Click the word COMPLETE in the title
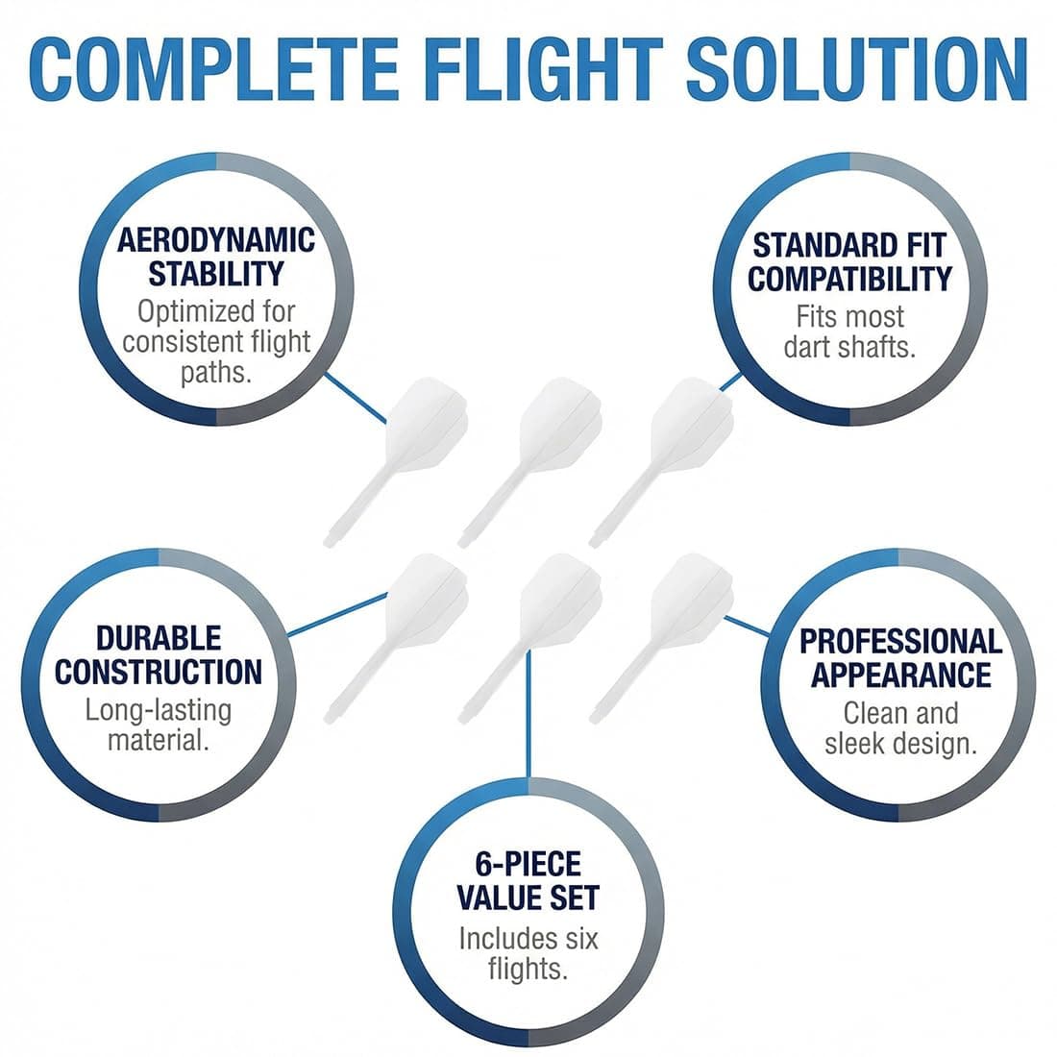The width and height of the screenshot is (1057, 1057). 213,69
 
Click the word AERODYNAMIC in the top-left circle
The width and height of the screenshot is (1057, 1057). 215,240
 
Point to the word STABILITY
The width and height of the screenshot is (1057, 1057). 215,274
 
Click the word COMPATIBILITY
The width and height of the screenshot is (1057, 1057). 850,279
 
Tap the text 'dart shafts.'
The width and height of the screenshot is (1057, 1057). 849,348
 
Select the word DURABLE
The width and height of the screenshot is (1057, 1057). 159,638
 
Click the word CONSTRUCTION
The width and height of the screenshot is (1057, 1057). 159,672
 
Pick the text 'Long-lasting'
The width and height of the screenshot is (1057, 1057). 159,710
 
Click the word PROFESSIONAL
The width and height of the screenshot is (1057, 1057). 900,641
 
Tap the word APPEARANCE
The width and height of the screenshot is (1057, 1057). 900,675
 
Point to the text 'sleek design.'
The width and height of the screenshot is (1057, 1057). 900,744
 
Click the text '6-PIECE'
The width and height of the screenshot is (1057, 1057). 528,864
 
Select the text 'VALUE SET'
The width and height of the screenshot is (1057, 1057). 528,897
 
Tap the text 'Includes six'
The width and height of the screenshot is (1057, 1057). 528,939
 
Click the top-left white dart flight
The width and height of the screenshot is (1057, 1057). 396,461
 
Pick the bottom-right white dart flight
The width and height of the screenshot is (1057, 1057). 661,638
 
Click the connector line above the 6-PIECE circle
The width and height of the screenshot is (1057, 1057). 528,714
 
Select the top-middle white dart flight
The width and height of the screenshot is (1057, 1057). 529,461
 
